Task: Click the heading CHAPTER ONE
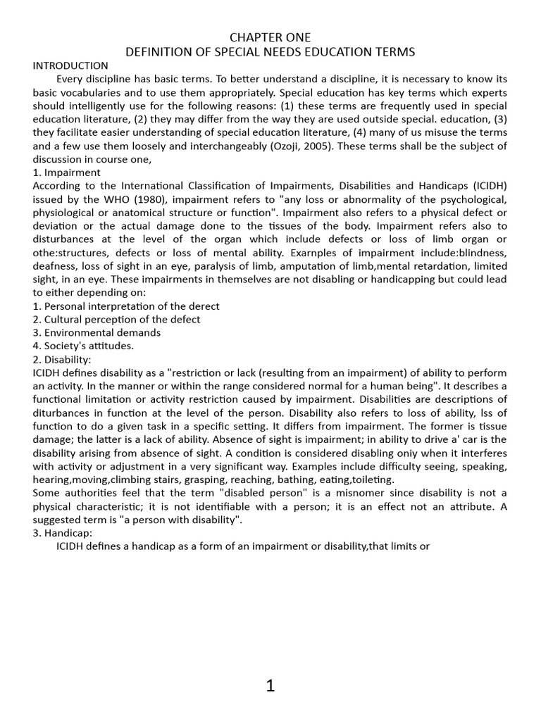point(270,37)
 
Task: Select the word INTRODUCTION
point(70,65)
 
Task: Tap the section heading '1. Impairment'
point(67,173)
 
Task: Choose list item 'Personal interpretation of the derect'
point(126,306)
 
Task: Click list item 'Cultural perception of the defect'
point(116,319)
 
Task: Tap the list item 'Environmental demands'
point(97,332)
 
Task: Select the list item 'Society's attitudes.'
point(83,346)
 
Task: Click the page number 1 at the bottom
point(270,686)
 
